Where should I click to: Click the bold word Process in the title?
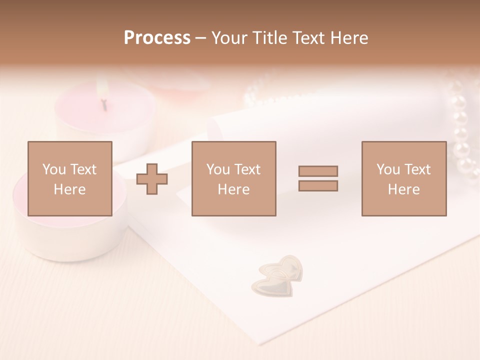click(x=157, y=38)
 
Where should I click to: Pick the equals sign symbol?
click(x=318, y=178)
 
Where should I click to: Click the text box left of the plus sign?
click(x=69, y=178)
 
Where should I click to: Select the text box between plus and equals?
click(x=233, y=178)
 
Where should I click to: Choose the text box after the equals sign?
click(x=403, y=178)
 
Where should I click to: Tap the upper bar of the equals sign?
click(x=318, y=171)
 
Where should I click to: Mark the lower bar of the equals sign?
click(x=318, y=186)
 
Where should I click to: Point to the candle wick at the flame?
click(x=104, y=104)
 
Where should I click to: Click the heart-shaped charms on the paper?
click(x=279, y=274)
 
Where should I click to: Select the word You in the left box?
click(x=54, y=169)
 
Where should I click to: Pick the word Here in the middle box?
click(x=233, y=189)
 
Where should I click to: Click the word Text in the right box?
click(x=417, y=169)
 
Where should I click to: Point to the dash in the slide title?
click(x=201, y=38)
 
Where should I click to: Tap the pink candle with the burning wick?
click(x=105, y=115)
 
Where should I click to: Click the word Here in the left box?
click(x=69, y=189)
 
